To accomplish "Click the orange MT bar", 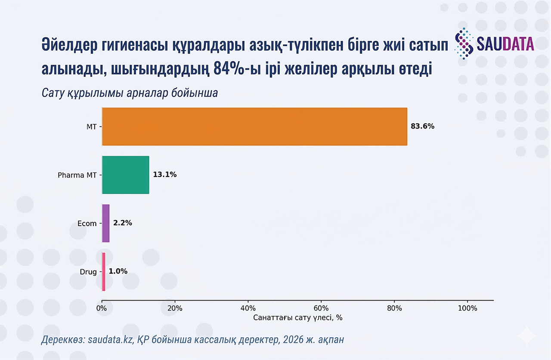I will click(x=254, y=126).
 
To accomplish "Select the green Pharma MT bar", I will click(x=125, y=175).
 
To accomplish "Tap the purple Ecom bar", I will click(x=105, y=223).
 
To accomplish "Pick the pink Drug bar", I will click(x=104, y=271).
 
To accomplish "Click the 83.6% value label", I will click(x=422, y=126).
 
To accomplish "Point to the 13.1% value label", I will click(x=165, y=175).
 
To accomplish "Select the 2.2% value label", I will click(x=122, y=223).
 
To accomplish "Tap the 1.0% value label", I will click(x=118, y=271).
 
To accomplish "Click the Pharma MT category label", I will click(x=77, y=175).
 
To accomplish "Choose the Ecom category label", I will click(x=87, y=223).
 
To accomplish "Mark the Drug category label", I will click(x=88, y=271).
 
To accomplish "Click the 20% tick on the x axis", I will click(x=175, y=308).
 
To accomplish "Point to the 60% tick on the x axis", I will click(x=321, y=308).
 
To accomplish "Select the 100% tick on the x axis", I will click(x=467, y=308).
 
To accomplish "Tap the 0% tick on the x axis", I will click(x=102, y=308).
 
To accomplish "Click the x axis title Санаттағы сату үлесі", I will click(x=297, y=318).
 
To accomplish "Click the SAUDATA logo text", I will click(x=505, y=43).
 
